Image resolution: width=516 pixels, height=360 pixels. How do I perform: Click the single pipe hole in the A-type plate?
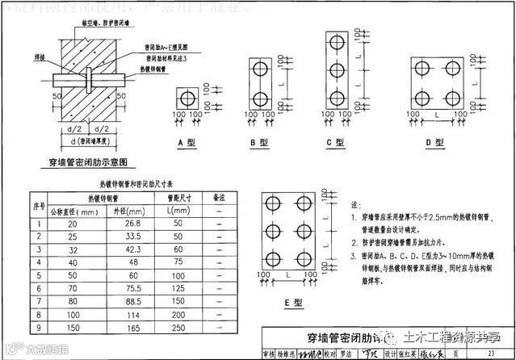(187, 98)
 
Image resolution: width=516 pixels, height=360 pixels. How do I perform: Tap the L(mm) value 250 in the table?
(178, 328)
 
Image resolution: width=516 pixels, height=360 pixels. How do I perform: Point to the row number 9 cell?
(36, 328)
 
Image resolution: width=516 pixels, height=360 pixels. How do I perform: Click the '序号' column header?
(36, 203)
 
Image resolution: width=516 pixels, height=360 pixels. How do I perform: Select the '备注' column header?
(217, 196)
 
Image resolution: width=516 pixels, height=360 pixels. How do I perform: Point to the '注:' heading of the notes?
(356, 206)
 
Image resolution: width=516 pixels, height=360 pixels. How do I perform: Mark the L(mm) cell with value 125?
(178, 288)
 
